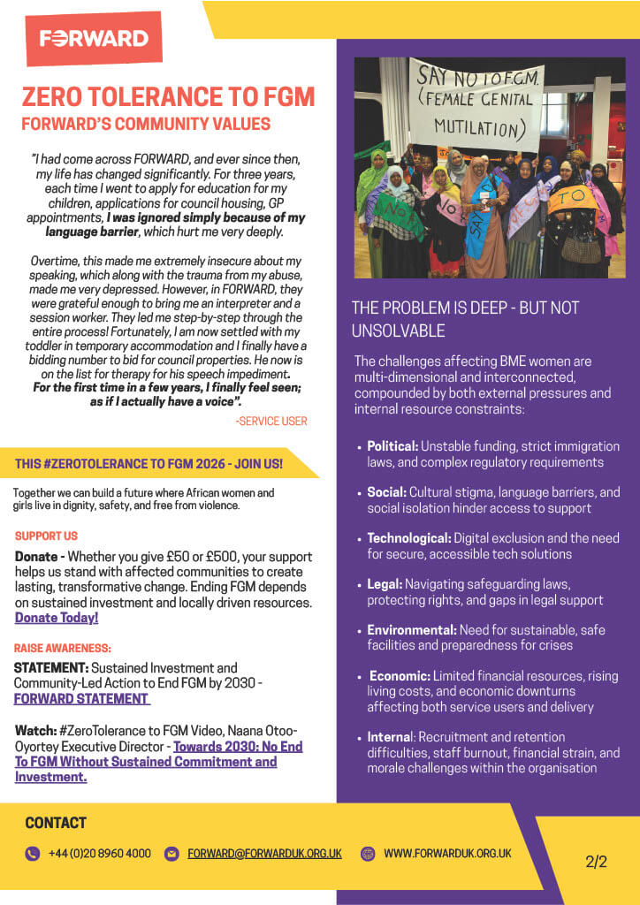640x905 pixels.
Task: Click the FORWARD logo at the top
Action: click(94, 38)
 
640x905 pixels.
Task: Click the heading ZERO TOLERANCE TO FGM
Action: click(168, 96)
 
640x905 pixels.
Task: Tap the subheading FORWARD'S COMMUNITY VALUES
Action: click(146, 124)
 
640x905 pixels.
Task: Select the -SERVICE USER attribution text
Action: click(271, 421)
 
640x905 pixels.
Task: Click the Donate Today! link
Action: click(57, 618)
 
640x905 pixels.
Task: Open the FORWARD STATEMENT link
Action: click(81, 698)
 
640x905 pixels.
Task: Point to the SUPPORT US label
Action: click(46, 536)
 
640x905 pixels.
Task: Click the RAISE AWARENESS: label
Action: click(63, 648)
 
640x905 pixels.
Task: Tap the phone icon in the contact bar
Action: click(33, 854)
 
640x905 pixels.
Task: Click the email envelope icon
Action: click(171, 854)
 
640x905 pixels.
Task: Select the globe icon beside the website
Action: click(368, 854)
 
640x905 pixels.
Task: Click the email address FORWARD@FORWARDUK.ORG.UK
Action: click(264, 854)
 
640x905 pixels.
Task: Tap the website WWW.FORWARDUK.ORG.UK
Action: click(447, 854)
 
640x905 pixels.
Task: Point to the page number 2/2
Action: click(596, 863)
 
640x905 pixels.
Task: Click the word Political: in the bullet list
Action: click(393, 446)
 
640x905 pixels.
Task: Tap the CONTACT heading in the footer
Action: click(56, 823)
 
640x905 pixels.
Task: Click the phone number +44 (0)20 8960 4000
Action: click(100, 854)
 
